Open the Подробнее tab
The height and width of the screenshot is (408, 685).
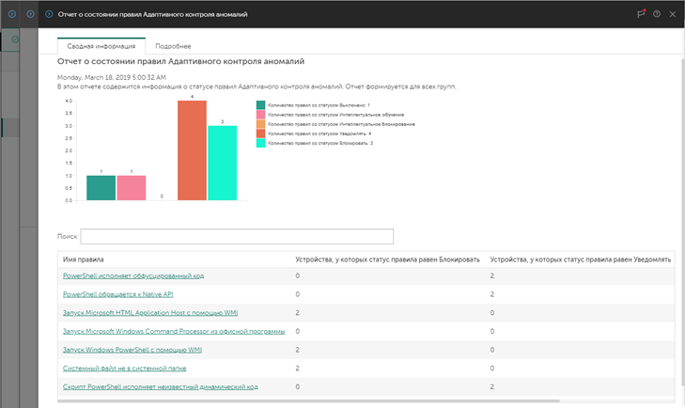(173, 45)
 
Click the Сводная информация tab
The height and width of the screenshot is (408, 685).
(100, 45)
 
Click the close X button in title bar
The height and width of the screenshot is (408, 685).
(672, 14)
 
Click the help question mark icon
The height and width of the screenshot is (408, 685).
(656, 14)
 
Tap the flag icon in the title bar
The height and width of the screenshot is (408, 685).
(641, 14)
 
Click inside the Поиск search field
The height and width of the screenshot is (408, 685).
(237, 236)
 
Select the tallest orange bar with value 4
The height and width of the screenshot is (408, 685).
(192, 150)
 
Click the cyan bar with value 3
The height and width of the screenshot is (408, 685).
(222, 163)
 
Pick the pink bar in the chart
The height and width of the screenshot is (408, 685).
(132, 188)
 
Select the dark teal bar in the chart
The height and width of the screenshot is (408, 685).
(101, 188)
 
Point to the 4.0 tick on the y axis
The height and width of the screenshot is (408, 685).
(68, 101)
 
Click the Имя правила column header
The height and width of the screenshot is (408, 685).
(83, 259)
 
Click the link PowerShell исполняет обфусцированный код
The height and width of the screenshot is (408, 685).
(132, 275)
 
